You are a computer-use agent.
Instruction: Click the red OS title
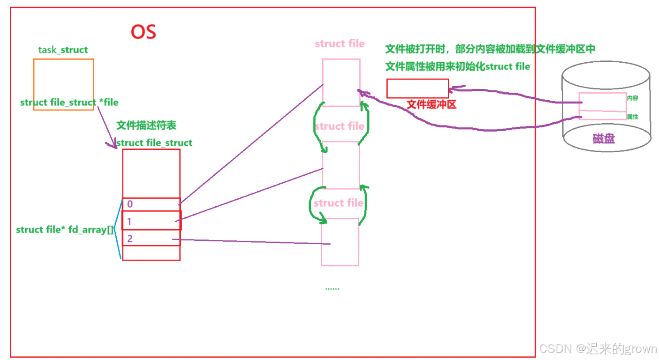(144, 32)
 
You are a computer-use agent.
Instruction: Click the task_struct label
(63, 50)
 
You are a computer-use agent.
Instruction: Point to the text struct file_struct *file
(69, 102)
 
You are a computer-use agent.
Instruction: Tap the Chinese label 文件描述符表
(146, 125)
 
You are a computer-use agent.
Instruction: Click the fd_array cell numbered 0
(151, 204)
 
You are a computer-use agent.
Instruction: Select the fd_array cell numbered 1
(151, 221)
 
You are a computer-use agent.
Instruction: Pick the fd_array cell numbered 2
(151, 239)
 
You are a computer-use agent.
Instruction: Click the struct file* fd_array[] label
(65, 230)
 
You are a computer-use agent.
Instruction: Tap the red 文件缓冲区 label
(431, 105)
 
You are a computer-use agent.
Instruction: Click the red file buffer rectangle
(418, 88)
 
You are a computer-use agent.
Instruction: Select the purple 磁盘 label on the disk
(603, 139)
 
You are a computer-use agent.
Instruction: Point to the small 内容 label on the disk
(632, 98)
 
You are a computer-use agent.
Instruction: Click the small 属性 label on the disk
(632, 117)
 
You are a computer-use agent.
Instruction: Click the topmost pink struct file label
(340, 44)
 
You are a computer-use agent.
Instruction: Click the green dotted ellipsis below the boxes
(332, 289)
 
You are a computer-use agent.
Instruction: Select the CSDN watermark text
(598, 349)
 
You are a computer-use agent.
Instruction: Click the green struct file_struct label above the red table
(154, 143)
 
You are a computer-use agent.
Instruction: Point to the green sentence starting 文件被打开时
(490, 49)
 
